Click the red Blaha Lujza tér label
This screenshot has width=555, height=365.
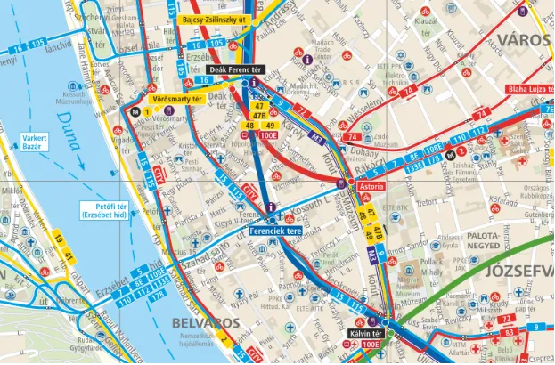[530, 90]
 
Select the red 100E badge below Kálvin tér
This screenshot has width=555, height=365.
[371, 345]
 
